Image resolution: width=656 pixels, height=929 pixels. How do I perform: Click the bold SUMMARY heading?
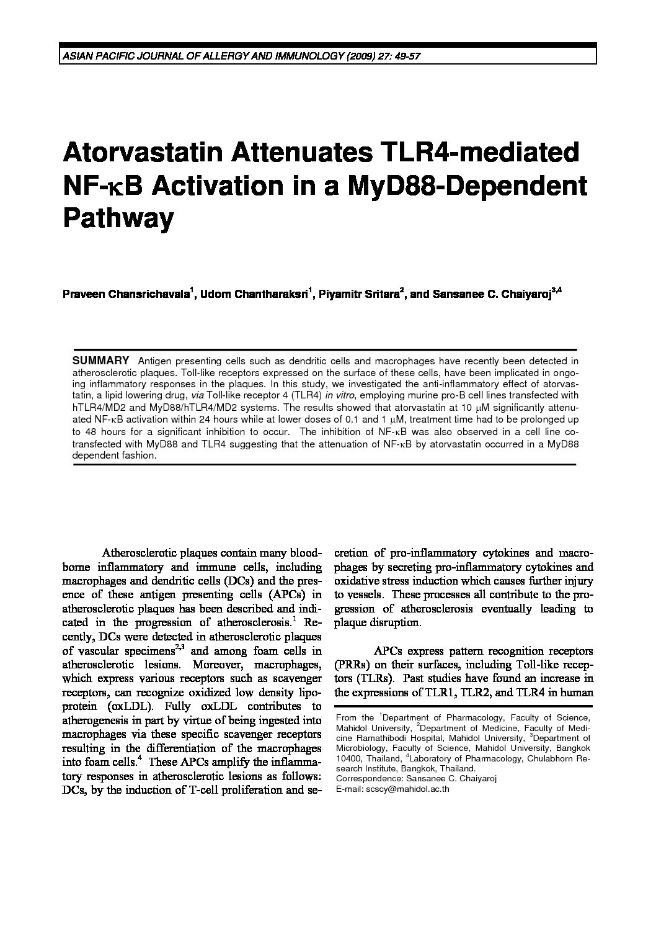(100, 361)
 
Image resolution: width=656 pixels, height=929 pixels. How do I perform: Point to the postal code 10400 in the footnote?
(347, 758)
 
